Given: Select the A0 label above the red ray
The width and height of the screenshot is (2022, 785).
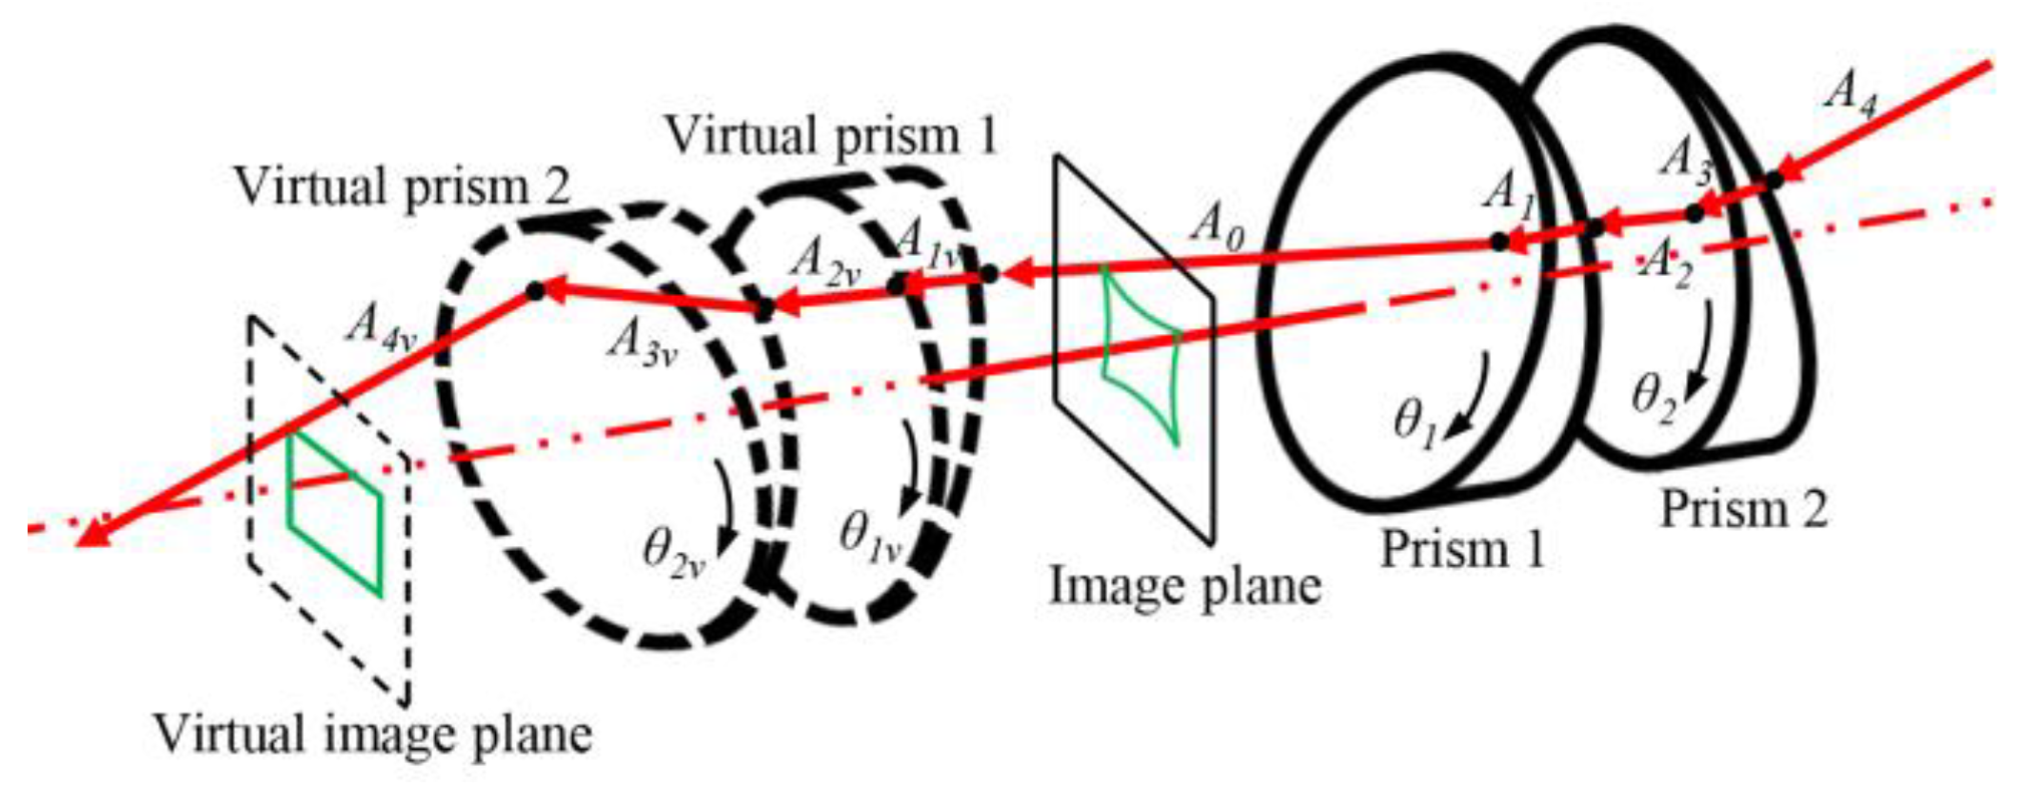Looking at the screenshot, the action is click(1219, 227).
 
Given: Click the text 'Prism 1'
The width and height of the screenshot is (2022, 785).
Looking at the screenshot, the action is click(1462, 549).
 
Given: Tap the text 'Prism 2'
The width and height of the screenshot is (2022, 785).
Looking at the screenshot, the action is click(1744, 509).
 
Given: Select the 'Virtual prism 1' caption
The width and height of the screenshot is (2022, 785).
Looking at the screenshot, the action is click(832, 136).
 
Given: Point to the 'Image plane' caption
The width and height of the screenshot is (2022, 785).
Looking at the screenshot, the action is click(1185, 585).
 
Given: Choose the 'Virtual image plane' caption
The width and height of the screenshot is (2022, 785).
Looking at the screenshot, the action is click(372, 734).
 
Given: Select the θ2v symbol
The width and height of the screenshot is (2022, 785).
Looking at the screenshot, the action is click(674, 552).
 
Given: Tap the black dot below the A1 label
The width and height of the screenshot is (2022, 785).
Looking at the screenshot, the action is click(1499, 242).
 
